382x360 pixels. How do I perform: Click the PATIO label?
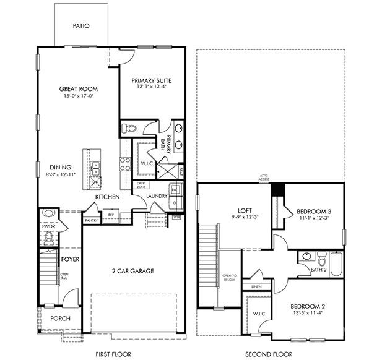pyautogui.click(x=81, y=26)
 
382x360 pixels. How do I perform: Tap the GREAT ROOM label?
pyautogui.click(x=79, y=89)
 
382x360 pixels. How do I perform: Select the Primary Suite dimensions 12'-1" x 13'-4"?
pyautogui.click(x=152, y=87)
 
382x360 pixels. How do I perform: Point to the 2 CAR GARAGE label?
pyautogui.click(x=132, y=271)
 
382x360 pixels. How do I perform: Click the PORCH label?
pyautogui.click(x=60, y=319)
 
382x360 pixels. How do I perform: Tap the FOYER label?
pyautogui.click(x=70, y=259)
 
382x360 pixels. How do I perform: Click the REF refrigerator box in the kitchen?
pyautogui.click(x=111, y=215)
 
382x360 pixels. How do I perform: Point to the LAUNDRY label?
pyautogui.click(x=157, y=197)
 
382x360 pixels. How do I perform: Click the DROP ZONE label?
pyautogui.click(x=141, y=185)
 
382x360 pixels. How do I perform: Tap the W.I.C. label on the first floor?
pyautogui.click(x=147, y=164)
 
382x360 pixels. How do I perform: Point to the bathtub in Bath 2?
pyautogui.click(x=337, y=264)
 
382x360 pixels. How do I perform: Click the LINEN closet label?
pyautogui.click(x=255, y=287)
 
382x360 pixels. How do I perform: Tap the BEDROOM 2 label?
pyautogui.click(x=308, y=306)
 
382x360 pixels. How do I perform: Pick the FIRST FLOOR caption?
pyautogui.click(x=114, y=354)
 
